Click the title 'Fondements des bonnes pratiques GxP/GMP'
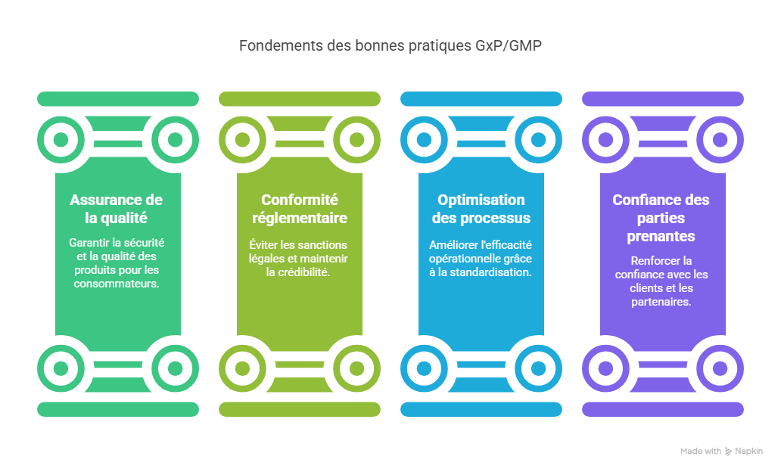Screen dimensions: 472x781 pyautogui.click(x=390, y=45)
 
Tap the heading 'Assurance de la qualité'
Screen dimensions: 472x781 pyautogui.click(x=117, y=209)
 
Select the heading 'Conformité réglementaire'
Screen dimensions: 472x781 pyautogui.click(x=300, y=209)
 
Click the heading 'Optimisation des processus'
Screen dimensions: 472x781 pyautogui.click(x=481, y=209)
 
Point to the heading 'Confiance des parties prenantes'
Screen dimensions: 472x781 pyautogui.click(x=661, y=218)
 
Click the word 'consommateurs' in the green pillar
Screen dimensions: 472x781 pyautogui.click(x=117, y=284)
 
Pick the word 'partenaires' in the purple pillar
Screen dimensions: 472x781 pyautogui.click(x=661, y=301)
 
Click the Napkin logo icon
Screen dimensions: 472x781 pyautogui.click(x=729, y=452)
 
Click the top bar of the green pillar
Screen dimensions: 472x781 pyautogui.click(x=118, y=98)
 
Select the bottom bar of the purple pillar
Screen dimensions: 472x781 pyautogui.click(x=663, y=409)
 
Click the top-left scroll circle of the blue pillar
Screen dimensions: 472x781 pyautogui.click(x=424, y=140)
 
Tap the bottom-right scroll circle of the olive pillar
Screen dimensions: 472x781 pyautogui.click(x=356, y=368)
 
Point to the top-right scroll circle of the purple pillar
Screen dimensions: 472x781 pyautogui.click(x=720, y=140)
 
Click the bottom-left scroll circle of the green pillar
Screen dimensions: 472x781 pyautogui.click(x=61, y=368)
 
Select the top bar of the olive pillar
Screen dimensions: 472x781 pyautogui.click(x=300, y=98)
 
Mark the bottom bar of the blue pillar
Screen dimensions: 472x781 pyautogui.click(x=481, y=409)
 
